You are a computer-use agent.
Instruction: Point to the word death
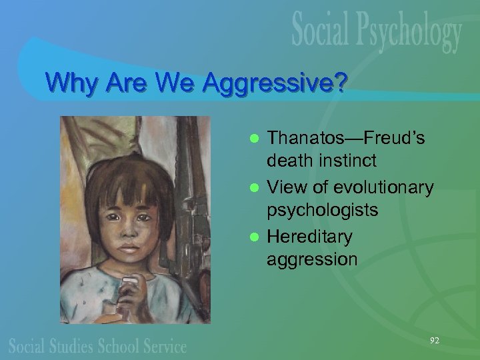tap(287, 161)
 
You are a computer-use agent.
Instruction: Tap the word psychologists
tap(322, 210)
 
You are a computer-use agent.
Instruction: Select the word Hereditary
tap(309, 237)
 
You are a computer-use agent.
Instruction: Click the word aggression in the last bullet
tap(312, 259)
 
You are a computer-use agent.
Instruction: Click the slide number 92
tap(434, 341)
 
